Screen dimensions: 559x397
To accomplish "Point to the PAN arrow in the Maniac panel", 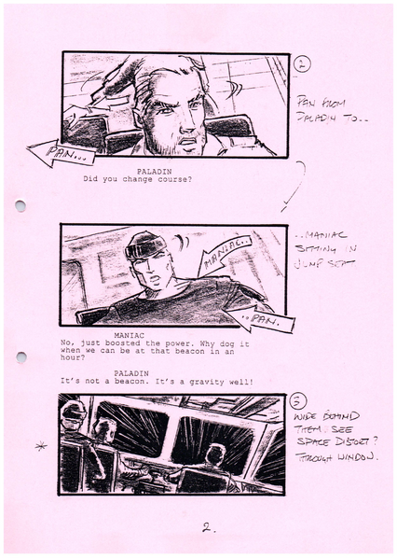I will (x=260, y=320).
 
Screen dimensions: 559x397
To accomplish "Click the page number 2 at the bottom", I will (x=207, y=528).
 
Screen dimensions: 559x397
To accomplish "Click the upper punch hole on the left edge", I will (x=21, y=205).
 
